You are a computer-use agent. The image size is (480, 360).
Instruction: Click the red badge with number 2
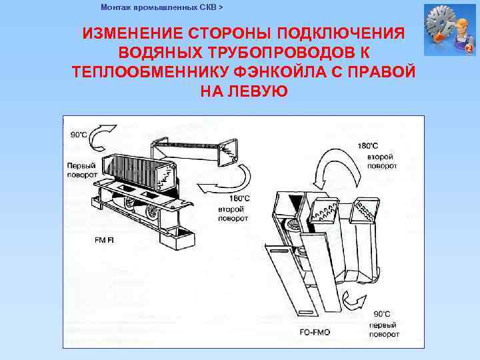pos(469,49)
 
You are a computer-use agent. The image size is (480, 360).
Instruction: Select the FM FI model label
pos(104,239)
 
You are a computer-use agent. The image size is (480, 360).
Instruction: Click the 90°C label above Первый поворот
pos(79,134)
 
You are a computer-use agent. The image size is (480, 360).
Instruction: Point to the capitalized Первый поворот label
pos(81,170)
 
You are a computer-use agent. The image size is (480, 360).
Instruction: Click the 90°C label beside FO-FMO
pos(382,313)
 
